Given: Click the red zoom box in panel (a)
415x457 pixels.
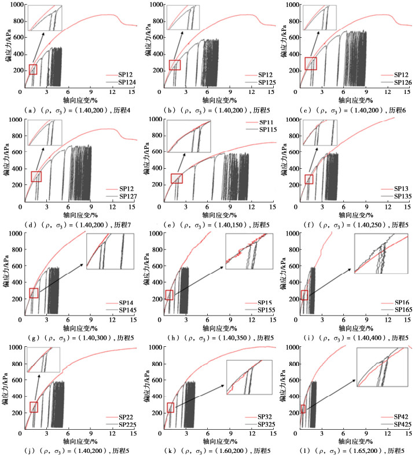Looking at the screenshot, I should click(x=33, y=70).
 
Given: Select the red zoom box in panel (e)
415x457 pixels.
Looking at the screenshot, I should click(x=177, y=179).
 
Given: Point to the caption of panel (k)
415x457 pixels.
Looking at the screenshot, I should click(x=207, y=451).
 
